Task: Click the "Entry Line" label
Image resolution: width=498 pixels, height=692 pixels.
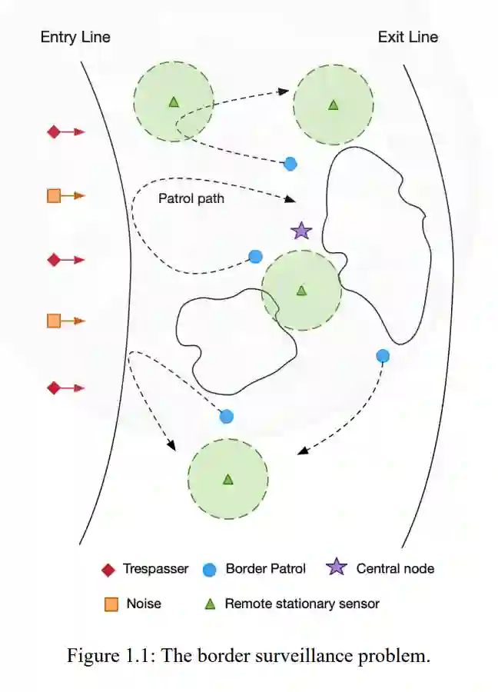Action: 75,37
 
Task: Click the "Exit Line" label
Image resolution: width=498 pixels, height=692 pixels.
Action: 408,37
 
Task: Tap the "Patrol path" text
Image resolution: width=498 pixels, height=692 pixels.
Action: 191,198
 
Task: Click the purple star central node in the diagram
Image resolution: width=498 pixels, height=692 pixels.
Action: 301,230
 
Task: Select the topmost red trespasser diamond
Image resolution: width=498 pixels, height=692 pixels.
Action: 54,132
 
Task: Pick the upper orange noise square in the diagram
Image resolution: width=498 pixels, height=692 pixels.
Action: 54,196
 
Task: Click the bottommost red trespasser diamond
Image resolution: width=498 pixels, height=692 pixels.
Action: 54,388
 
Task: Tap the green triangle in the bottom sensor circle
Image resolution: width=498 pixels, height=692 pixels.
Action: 227,479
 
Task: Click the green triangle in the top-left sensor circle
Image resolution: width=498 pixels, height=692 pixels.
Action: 174,101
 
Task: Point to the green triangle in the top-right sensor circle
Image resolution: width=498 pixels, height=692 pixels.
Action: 333,105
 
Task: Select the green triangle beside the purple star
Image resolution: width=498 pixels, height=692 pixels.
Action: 301,290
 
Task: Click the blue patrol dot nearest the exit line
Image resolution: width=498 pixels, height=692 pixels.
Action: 383,355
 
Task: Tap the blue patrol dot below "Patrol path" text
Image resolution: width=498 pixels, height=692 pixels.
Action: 256,256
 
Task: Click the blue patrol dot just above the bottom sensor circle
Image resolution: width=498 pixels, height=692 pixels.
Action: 227,416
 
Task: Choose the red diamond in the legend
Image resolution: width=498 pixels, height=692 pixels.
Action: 108,570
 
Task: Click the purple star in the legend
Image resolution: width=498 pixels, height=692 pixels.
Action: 336,568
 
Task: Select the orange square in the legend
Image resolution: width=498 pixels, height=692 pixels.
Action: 111,604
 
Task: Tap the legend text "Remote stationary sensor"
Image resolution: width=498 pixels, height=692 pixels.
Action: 301,604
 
